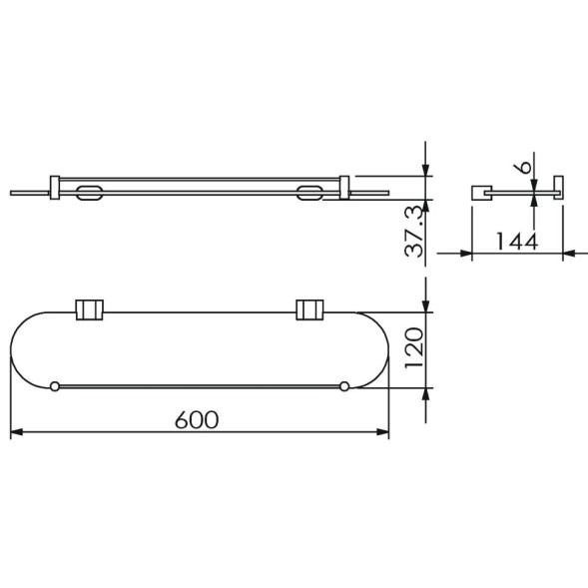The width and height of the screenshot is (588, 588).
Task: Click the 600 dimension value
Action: click(197, 419)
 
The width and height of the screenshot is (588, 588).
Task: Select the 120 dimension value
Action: click(414, 348)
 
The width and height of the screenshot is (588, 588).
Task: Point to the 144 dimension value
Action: click(517, 242)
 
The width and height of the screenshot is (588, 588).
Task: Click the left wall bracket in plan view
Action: click(90, 309)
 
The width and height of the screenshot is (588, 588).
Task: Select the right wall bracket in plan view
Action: click(309, 309)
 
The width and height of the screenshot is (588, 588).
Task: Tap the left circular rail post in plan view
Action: click(55, 386)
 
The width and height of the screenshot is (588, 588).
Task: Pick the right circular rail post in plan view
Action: click(344, 386)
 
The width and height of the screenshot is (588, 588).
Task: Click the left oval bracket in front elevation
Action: click(89, 193)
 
